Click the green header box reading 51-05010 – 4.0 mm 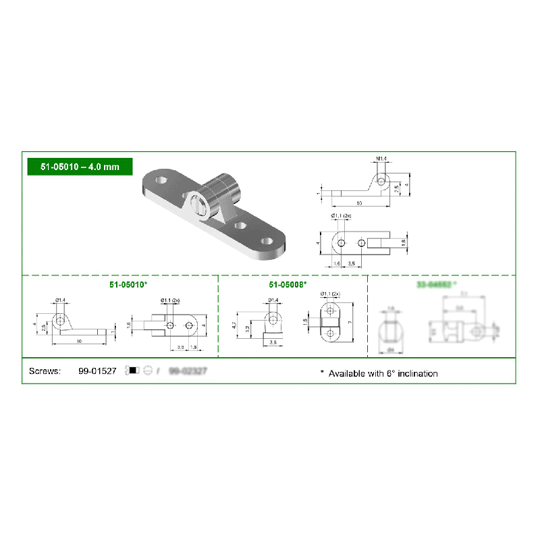79,166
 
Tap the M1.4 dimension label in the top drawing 381,159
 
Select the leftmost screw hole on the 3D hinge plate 161,181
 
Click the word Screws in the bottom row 45,371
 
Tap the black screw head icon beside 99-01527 133,371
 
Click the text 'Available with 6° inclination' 383,373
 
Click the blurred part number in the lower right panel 436,285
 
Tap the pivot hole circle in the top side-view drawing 382,182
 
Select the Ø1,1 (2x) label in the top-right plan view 342,215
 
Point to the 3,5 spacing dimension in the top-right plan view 352,264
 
